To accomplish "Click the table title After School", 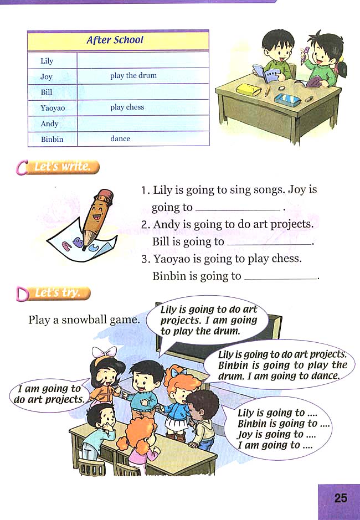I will [115, 40].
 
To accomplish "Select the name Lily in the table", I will [47, 61].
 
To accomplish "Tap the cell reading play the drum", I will [133, 76].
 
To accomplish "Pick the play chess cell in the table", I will [127, 107].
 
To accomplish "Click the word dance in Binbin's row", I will [120, 138].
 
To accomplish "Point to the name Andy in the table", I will [49, 123].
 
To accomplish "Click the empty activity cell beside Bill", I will [142, 92].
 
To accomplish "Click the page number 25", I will [341, 497].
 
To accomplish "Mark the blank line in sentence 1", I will [238, 209].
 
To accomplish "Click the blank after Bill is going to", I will [269, 243].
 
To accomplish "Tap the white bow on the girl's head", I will [105, 352].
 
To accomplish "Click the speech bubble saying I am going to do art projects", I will [49, 394].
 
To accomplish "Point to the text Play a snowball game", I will [84, 320].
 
